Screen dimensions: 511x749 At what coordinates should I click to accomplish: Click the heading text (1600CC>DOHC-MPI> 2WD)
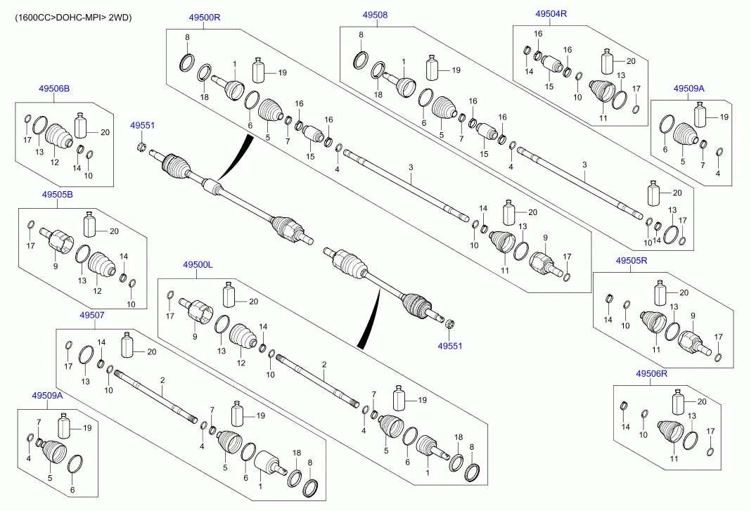pos(73,17)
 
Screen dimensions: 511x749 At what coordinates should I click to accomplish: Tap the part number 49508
pos(375,15)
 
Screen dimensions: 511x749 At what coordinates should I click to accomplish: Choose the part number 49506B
pos(54,89)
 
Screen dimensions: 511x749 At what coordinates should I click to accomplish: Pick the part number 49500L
pos(198,264)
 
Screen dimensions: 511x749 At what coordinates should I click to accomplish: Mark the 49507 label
pos(91,316)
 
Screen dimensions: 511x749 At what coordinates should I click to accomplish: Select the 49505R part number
pos(631,260)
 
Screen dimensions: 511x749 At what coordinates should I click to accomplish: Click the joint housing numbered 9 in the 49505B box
pos(57,240)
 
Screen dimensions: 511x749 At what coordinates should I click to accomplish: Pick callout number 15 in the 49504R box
pos(549,86)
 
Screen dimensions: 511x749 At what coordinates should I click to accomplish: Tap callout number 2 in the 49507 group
pos(162,380)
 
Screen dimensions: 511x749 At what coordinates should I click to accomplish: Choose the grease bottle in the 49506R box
pos(679,402)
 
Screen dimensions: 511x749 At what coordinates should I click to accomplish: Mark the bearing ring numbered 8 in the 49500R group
pos(188,62)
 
